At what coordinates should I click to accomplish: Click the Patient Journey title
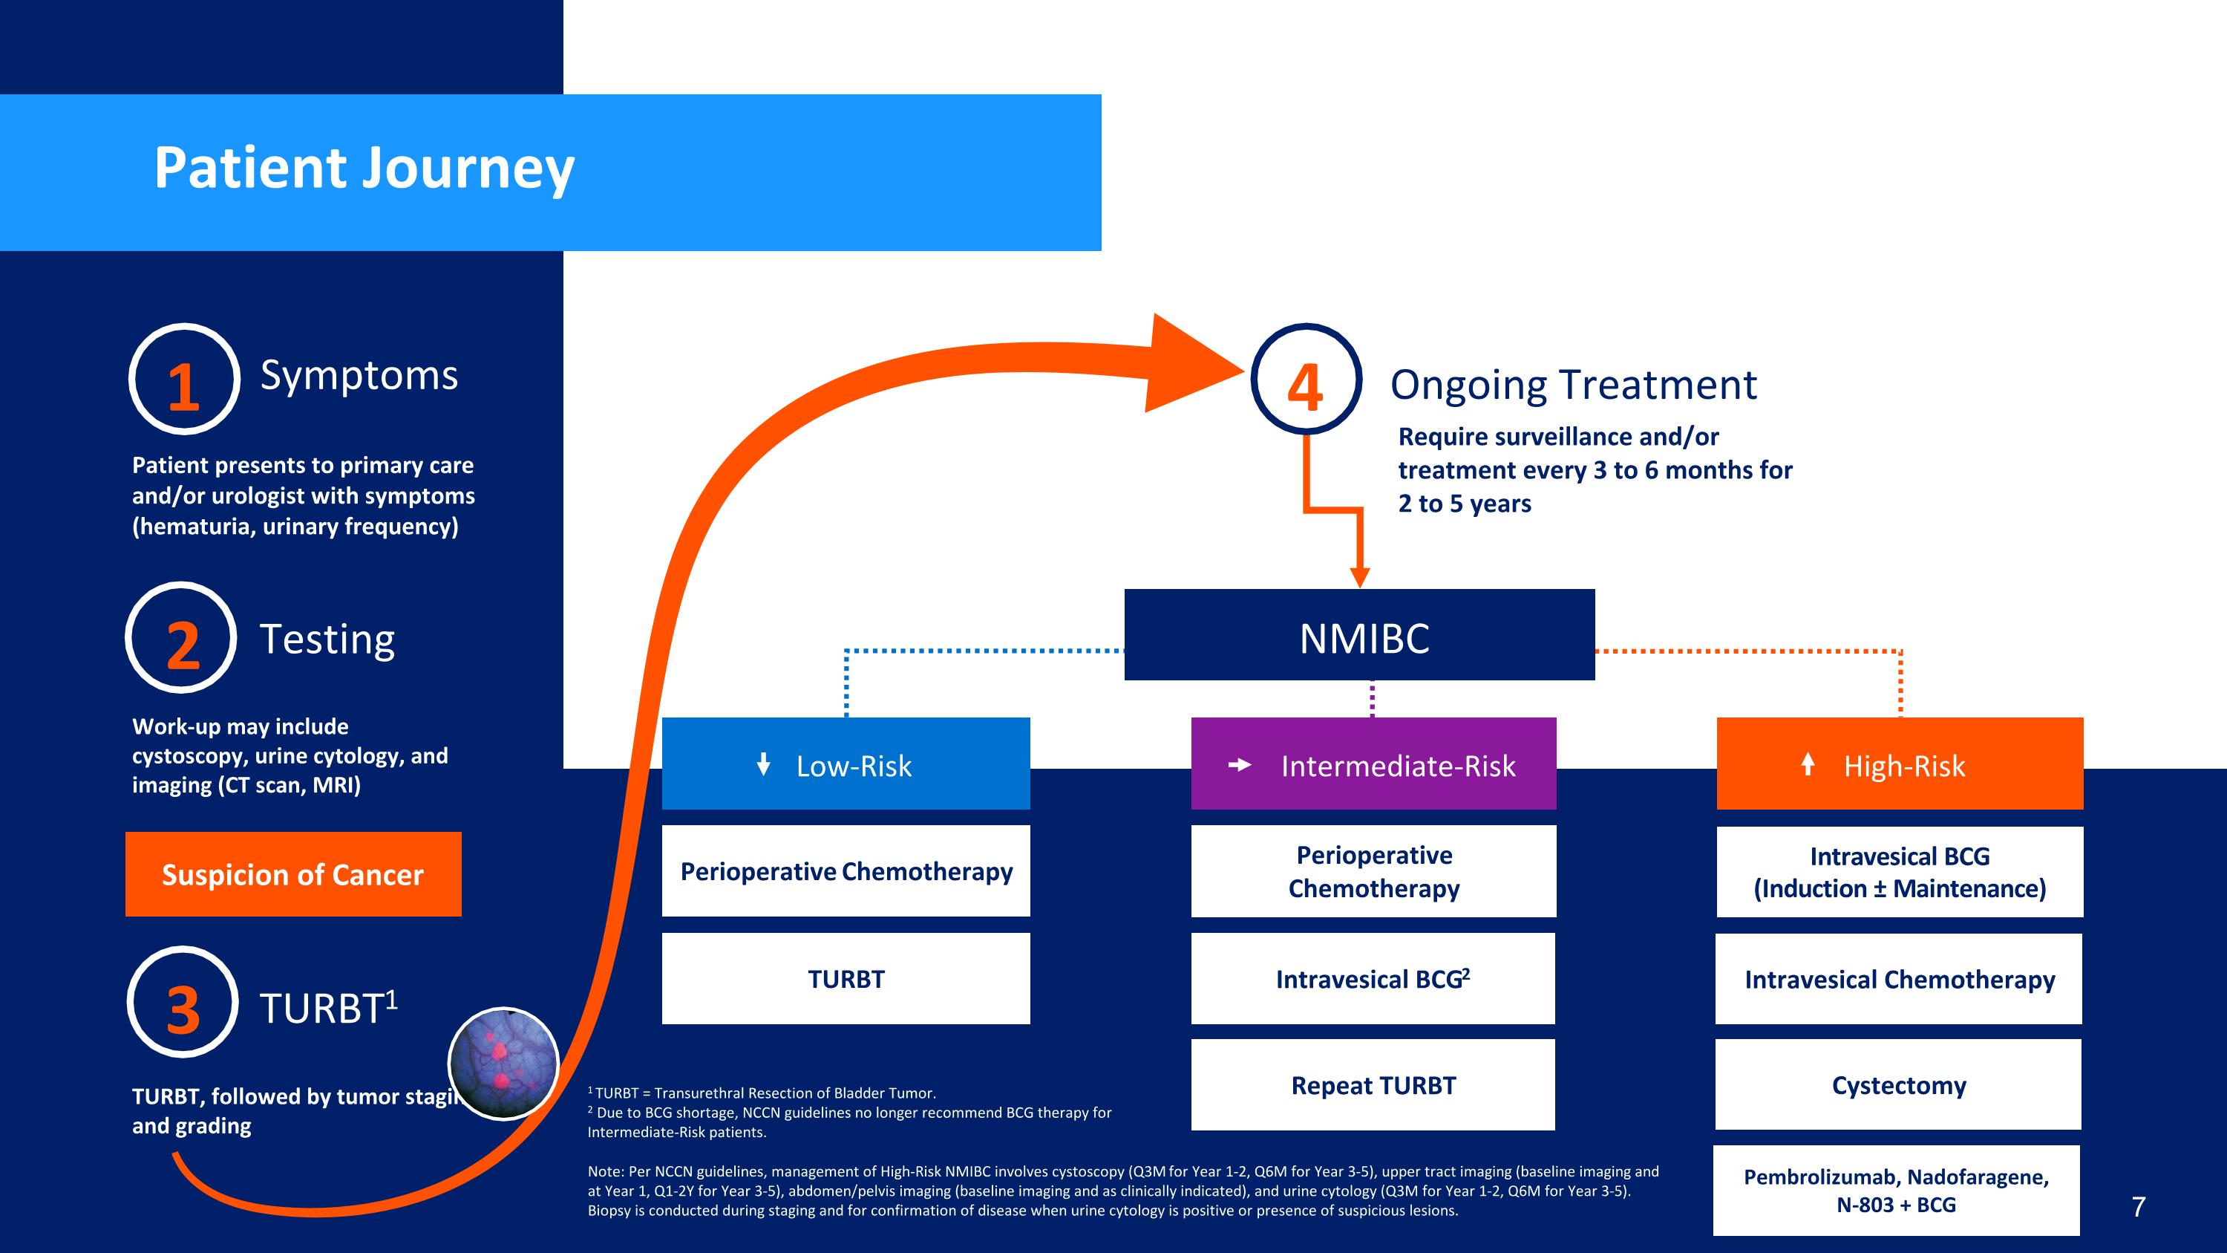tap(364, 168)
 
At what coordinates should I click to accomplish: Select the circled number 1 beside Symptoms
tap(183, 380)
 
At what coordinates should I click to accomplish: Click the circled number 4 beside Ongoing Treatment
tap(1307, 380)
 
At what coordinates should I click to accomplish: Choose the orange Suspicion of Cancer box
tap(293, 874)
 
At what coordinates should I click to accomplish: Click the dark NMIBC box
tap(1359, 636)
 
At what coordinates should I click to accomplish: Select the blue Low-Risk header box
tap(846, 764)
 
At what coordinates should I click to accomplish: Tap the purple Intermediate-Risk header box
tap(1373, 764)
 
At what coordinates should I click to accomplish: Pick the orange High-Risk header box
tap(1900, 764)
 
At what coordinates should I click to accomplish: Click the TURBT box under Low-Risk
tap(846, 979)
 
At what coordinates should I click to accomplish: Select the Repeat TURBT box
tap(1373, 1085)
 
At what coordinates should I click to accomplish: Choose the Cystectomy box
tap(1898, 1085)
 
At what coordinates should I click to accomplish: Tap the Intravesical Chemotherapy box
tap(1898, 979)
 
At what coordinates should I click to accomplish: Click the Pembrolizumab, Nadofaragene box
tap(1896, 1191)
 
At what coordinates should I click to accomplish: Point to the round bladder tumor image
tap(503, 1064)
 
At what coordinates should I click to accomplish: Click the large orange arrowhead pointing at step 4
tap(1188, 365)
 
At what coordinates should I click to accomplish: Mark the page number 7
tap(2138, 1206)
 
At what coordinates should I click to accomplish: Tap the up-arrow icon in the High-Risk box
tap(1807, 764)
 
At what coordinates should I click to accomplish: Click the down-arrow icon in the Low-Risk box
tap(763, 764)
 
